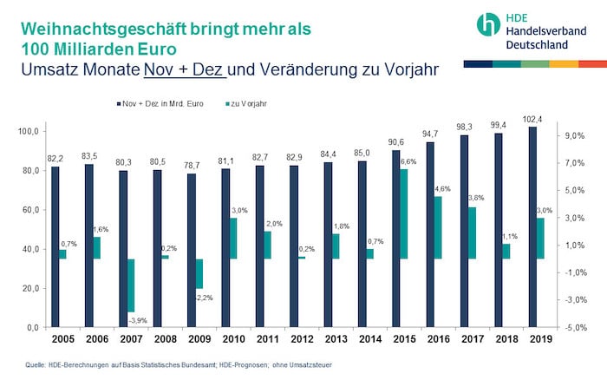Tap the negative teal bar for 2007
(131, 285)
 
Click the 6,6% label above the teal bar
(408, 162)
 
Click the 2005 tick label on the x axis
(59, 340)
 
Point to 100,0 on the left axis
(29, 131)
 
